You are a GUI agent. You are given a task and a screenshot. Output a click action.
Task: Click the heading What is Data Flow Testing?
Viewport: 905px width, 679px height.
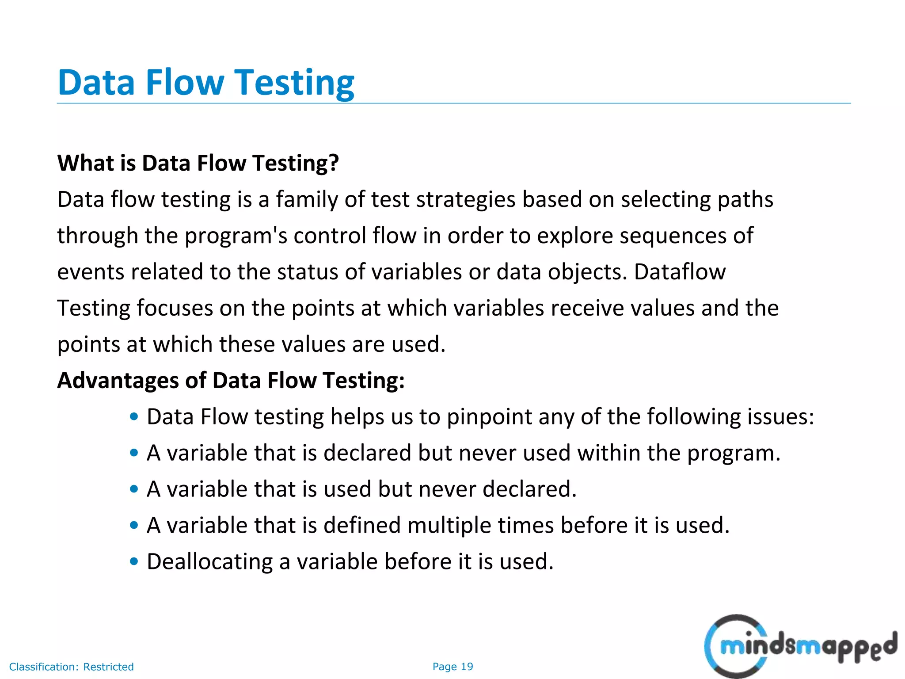point(198,163)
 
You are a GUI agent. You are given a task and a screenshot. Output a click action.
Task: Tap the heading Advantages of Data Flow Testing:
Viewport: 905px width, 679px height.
point(231,381)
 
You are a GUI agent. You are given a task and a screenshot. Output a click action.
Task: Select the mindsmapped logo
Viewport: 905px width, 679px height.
point(800,646)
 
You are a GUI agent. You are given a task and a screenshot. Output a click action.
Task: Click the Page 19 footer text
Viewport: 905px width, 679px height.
point(452,667)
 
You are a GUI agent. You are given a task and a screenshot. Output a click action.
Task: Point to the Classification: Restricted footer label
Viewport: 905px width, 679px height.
point(71,667)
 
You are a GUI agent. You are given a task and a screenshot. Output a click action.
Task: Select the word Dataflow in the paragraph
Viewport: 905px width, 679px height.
point(680,272)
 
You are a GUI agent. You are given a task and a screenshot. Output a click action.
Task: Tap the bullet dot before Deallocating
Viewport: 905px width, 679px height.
point(134,561)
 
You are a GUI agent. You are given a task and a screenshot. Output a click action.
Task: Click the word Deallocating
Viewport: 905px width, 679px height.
point(209,562)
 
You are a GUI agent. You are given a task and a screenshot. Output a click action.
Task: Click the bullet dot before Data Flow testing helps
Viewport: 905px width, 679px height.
point(134,416)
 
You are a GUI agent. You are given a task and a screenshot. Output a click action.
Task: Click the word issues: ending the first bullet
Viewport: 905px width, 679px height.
point(780,417)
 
